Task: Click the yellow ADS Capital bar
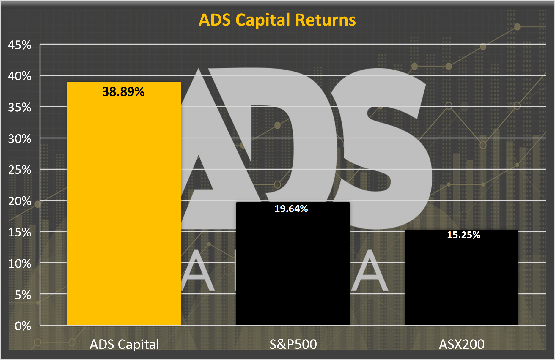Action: coord(124,203)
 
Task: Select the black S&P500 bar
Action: coord(293,264)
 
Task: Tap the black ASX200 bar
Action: coord(461,277)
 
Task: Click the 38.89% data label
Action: coord(123,92)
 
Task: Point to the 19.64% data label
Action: coord(291,209)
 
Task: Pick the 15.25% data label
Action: coord(464,235)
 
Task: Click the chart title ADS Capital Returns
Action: coord(277,20)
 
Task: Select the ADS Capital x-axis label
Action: coord(125,344)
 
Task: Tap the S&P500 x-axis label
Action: coord(293,344)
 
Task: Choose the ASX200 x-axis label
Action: coord(462,344)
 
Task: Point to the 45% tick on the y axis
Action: coord(20,45)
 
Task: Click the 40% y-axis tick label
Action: coord(20,76)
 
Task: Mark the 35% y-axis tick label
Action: coord(20,108)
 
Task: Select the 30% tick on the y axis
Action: coord(20,139)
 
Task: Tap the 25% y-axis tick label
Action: coord(20,170)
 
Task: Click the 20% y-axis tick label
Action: coord(20,201)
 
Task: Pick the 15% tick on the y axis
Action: coord(20,233)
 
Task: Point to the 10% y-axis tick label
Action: coord(20,264)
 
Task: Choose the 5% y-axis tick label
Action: coord(23,295)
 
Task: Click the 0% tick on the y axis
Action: coord(23,326)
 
